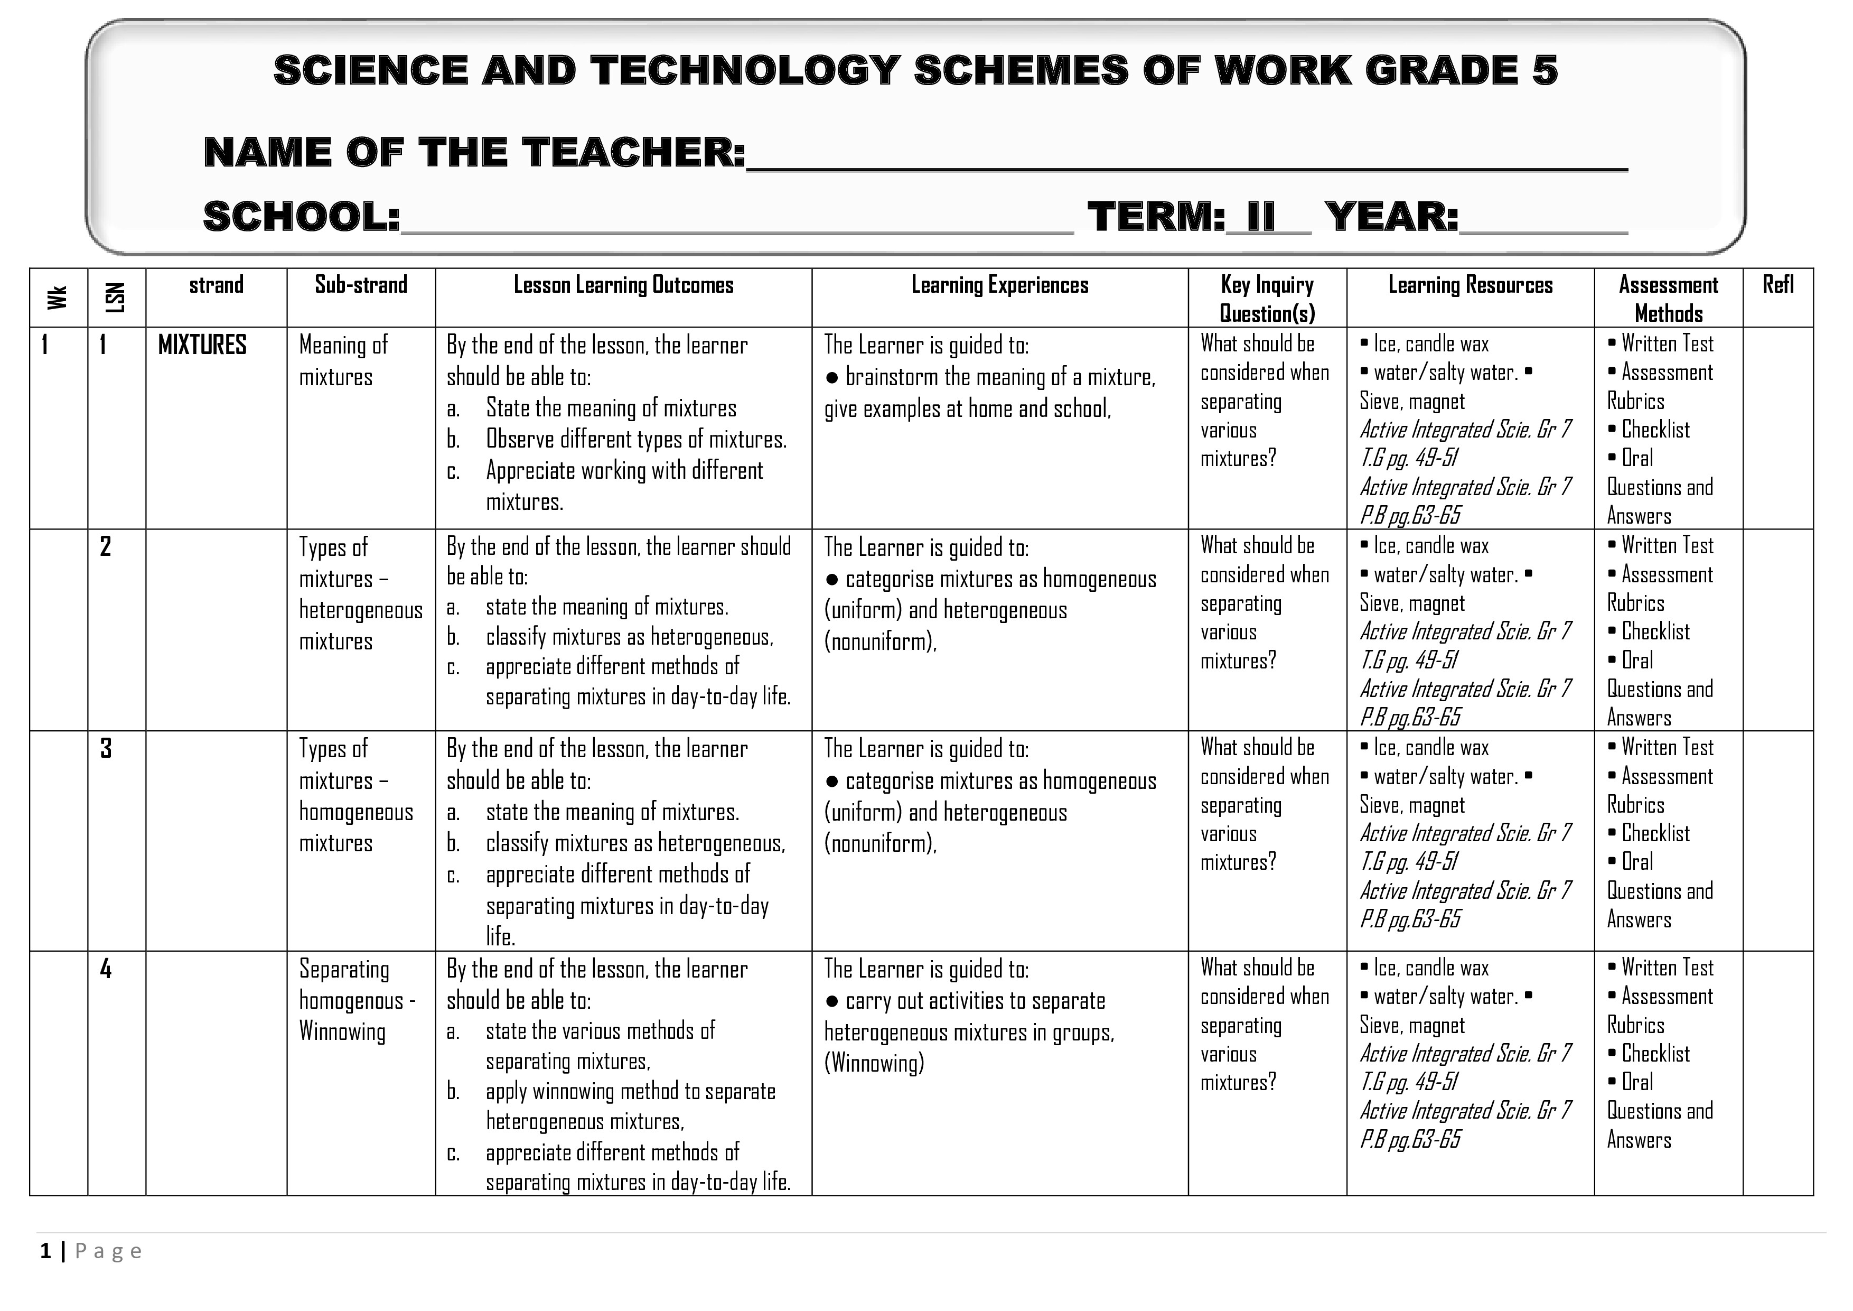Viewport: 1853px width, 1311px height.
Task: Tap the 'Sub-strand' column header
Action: click(361, 284)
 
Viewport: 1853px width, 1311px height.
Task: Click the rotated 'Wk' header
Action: click(57, 297)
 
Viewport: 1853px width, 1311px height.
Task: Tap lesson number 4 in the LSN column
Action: click(106, 969)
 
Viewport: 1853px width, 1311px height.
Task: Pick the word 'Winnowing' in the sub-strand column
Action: click(342, 1031)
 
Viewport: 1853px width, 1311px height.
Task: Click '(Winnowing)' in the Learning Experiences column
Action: click(874, 1063)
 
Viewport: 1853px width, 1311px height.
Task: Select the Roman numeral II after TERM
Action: click(1261, 216)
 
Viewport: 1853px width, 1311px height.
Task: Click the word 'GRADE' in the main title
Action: click(1440, 70)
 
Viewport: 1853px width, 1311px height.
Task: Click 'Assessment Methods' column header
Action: click(1668, 298)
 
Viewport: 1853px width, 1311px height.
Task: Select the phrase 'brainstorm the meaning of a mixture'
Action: click(1000, 377)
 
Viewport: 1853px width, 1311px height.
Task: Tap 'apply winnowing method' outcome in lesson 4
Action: click(630, 1091)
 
